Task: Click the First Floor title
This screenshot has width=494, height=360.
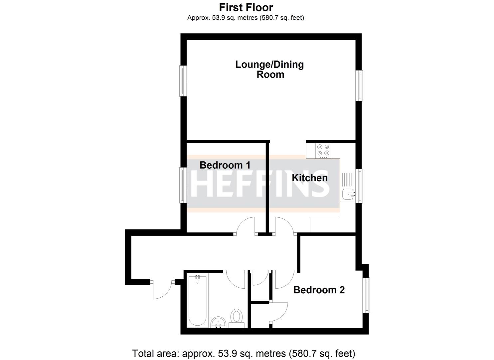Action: (246, 7)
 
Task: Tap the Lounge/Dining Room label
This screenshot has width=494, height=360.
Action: (270, 69)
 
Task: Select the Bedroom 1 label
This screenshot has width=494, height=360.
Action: (225, 165)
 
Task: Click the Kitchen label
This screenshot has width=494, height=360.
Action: (309, 178)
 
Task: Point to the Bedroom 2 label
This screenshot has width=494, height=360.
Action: (319, 290)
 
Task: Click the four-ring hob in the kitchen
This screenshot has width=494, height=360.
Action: (323, 150)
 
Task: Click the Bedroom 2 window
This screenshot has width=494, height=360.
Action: (367, 295)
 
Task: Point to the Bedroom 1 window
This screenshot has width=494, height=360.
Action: (182, 185)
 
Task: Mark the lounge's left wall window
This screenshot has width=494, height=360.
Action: (182, 81)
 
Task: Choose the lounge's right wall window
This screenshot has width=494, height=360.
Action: (359, 85)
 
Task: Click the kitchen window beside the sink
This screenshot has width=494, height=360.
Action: (359, 186)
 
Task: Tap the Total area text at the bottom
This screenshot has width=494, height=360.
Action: (244, 353)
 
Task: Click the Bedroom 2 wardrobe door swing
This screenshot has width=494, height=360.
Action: (279, 312)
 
